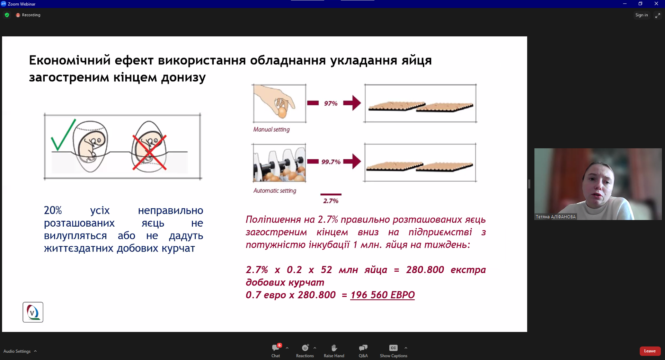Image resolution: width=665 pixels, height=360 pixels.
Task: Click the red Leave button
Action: click(650, 351)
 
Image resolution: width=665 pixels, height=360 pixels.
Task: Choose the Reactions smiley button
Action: click(305, 348)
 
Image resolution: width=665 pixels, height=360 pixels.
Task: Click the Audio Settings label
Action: click(17, 351)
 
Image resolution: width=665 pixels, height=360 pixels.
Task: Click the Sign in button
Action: click(641, 15)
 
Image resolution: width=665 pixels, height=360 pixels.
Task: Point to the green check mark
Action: click(63, 135)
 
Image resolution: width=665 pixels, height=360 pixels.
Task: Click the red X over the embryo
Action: click(149, 152)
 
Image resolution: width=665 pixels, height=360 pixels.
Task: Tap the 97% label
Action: click(331, 103)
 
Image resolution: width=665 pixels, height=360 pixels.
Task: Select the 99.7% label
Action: click(331, 162)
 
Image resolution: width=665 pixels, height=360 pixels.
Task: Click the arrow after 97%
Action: click(352, 103)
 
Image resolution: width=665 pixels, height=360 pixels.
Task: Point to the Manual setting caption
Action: click(271, 129)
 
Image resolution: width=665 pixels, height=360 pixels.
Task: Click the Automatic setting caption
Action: click(275, 191)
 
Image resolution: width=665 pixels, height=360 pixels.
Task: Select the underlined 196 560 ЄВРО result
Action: click(382, 295)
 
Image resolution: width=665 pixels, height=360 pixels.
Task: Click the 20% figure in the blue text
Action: click(53, 210)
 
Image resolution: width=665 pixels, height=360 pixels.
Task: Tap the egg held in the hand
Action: click(282, 112)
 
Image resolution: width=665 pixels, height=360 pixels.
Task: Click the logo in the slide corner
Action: click(33, 312)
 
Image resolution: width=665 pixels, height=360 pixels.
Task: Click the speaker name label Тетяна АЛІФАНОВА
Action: click(556, 217)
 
